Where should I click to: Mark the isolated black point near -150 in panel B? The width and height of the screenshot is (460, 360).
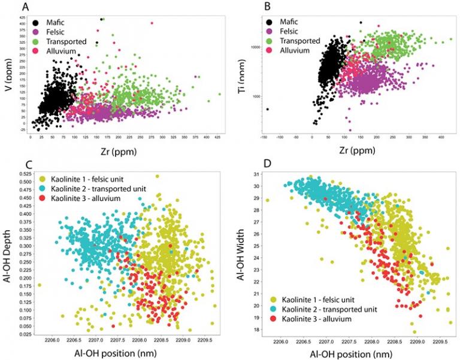click(x=267, y=110)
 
